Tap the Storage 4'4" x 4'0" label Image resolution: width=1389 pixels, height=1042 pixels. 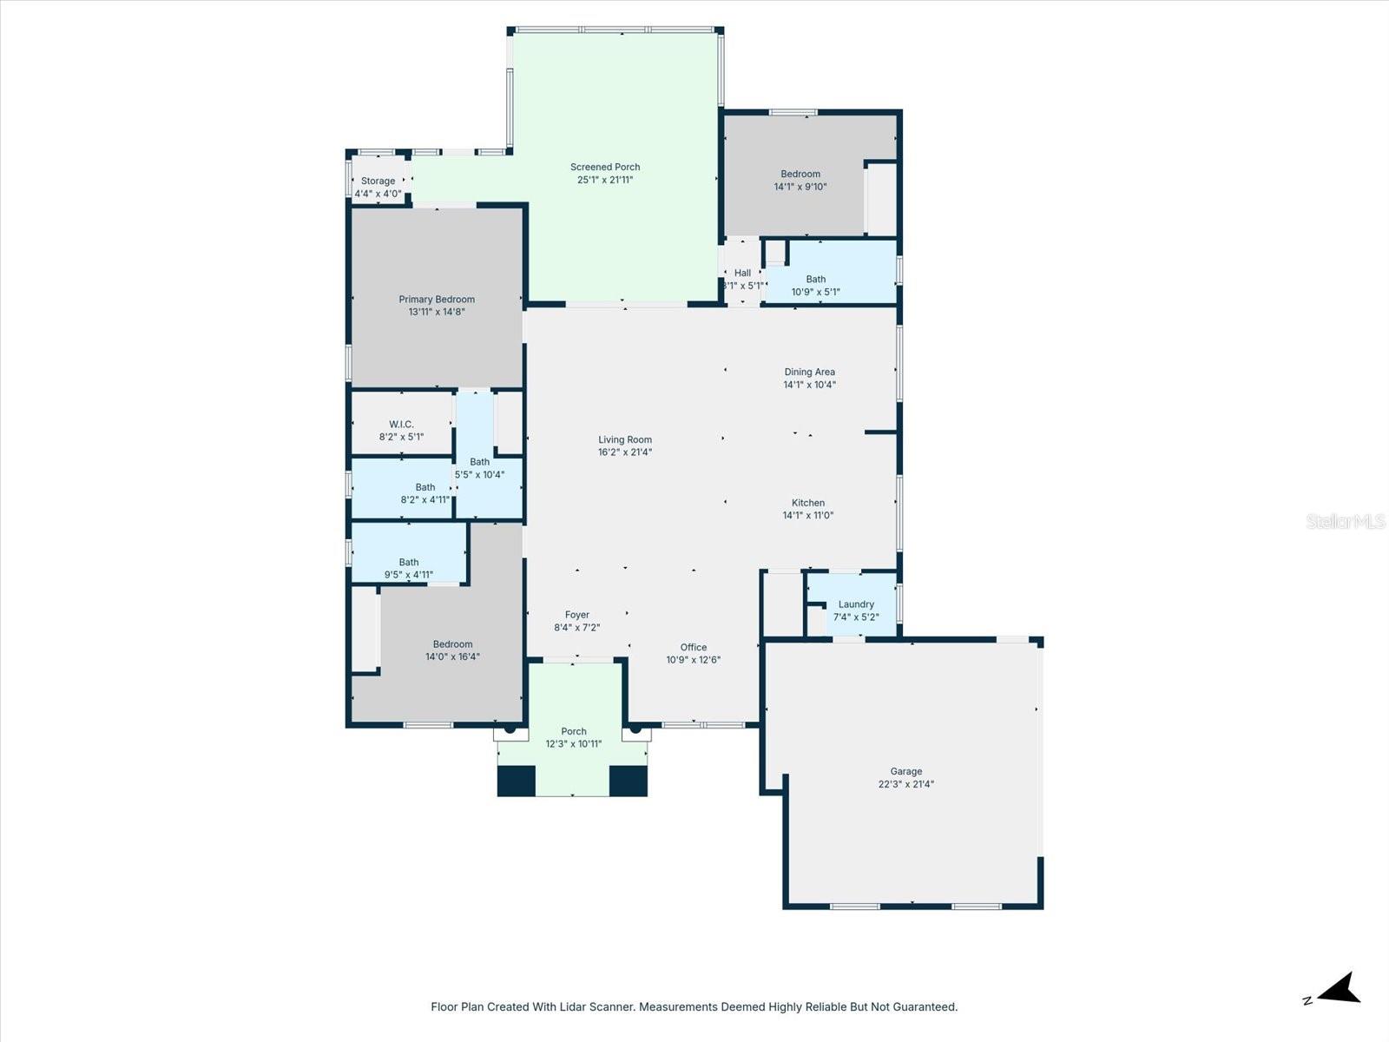click(x=378, y=188)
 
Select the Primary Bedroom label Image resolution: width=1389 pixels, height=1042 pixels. click(x=437, y=305)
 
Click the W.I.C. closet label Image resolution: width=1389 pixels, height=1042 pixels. click(x=401, y=431)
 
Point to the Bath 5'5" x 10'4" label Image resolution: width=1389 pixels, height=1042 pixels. click(x=479, y=468)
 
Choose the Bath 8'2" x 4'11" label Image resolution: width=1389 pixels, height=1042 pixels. click(x=425, y=493)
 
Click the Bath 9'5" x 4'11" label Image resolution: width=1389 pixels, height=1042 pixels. click(x=409, y=568)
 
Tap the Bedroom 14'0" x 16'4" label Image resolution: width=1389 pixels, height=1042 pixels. click(x=452, y=650)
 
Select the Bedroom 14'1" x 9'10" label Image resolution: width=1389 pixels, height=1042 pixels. click(x=800, y=180)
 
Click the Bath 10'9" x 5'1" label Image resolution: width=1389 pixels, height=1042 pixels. click(x=815, y=286)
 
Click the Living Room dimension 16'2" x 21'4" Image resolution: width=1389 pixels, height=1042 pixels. click(x=625, y=452)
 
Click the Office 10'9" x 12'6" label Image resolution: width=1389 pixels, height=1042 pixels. click(x=693, y=653)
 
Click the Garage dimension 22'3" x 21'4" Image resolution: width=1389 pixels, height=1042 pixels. click(x=906, y=784)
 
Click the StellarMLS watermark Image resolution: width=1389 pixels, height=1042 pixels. click(x=1346, y=522)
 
